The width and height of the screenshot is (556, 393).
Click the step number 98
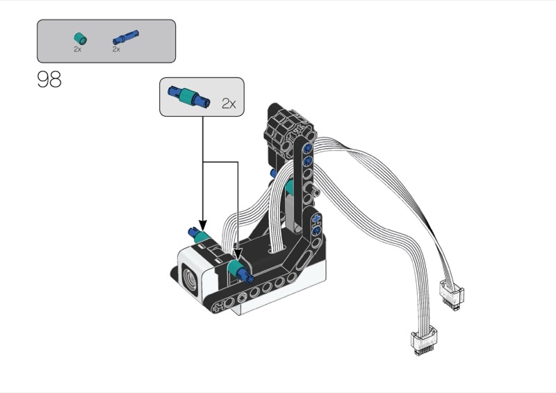point(49,79)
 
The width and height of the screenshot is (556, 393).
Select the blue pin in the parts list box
point(126,37)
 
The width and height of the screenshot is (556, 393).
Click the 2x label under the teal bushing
point(78,49)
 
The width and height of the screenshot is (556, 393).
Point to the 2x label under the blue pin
point(116,49)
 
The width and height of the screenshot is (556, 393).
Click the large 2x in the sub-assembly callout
point(229,104)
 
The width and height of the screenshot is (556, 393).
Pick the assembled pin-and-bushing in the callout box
point(189,97)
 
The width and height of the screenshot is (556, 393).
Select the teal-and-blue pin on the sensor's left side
point(199,237)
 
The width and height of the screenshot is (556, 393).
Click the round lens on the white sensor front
point(190,280)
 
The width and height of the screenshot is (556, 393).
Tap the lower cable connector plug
point(423,340)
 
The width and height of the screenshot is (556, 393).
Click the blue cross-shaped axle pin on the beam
point(317,217)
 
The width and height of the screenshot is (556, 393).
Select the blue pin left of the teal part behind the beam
point(275,172)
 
